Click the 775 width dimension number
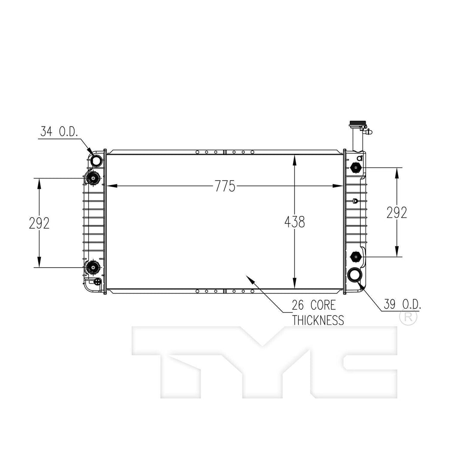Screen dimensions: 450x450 (x=225, y=186)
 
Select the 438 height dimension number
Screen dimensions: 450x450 (x=294, y=222)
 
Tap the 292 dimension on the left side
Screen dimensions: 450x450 (x=39, y=223)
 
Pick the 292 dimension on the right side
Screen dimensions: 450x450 (x=397, y=213)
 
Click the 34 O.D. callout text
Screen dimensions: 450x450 (x=59, y=131)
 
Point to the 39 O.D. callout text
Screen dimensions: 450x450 (x=403, y=304)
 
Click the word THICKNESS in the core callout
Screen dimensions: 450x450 (x=318, y=320)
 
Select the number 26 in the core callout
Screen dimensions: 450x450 (x=298, y=305)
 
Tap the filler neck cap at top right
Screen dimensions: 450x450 (x=357, y=123)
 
